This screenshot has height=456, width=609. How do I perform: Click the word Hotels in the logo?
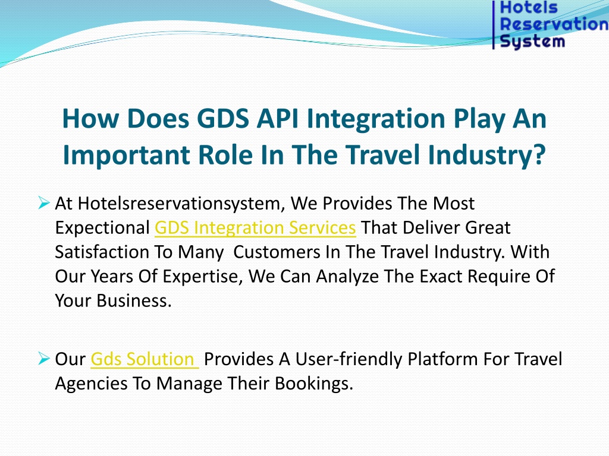pyautogui.click(x=529, y=7)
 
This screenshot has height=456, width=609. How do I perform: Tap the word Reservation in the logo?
pyautogui.click(x=554, y=24)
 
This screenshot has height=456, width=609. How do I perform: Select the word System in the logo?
pyautogui.click(x=532, y=41)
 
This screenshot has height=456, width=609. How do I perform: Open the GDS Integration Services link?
pyautogui.click(x=255, y=227)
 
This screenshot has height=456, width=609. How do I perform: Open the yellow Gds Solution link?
pyautogui.click(x=145, y=359)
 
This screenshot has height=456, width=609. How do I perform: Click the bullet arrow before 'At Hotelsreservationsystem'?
pyautogui.click(x=44, y=203)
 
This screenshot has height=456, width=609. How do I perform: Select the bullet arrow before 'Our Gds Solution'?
pyautogui.click(x=44, y=359)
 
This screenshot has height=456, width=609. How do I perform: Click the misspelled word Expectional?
pyautogui.click(x=102, y=228)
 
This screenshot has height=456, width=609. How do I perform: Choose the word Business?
pyautogui.click(x=134, y=300)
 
